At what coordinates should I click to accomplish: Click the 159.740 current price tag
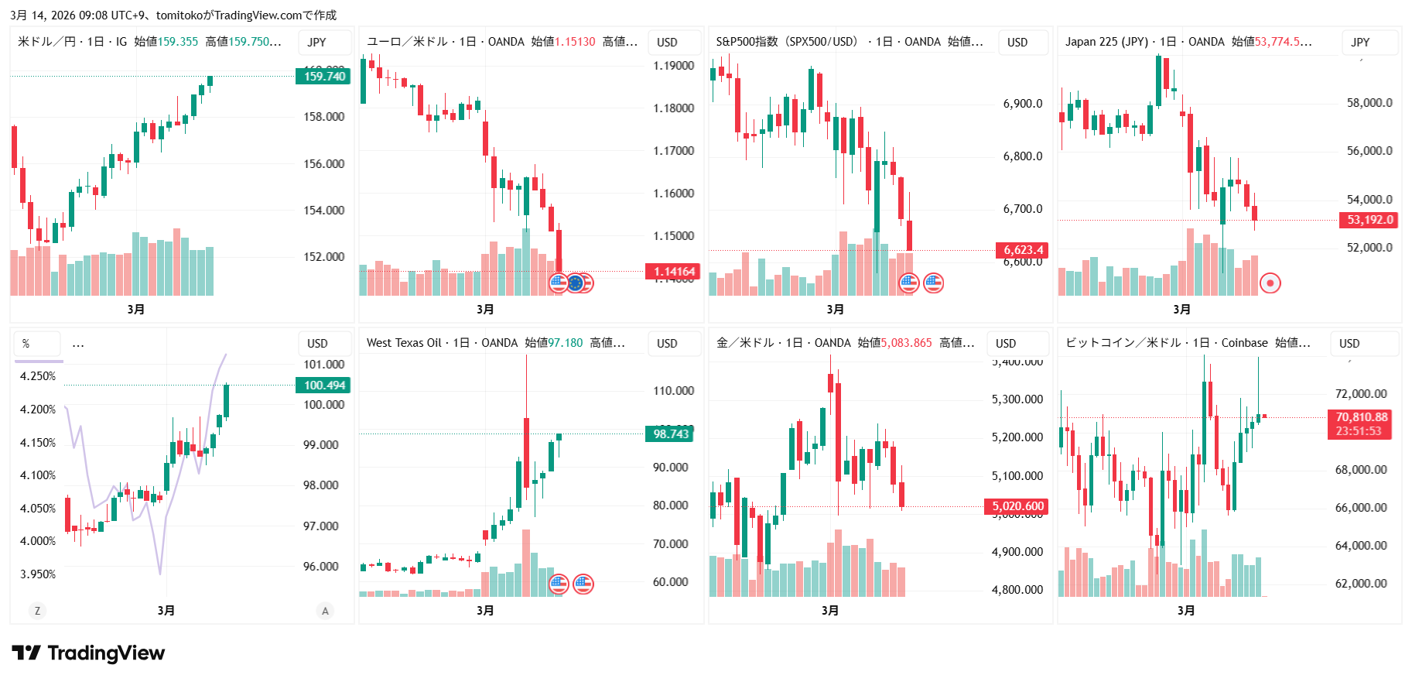coord(323,76)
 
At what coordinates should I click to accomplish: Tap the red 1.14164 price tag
coord(674,271)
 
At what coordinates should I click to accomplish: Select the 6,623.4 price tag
coord(1023,249)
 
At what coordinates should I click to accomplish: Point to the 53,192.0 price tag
coord(1369,220)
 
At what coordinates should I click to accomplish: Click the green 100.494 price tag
coord(323,386)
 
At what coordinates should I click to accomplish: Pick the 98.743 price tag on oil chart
coord(670,434)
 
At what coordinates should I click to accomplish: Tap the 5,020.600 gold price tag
coord(1017,506)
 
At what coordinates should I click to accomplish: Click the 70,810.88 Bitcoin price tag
coord(1361,417)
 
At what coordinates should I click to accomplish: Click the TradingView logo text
coord(106,653)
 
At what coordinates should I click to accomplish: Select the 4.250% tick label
coord(38,376)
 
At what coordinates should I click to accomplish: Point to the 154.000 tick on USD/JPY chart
coord(323,210)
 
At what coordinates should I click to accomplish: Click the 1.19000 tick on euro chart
coord(673,66)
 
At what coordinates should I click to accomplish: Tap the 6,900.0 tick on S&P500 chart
coord(1022,104)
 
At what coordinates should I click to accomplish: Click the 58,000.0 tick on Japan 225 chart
coord(1369,102)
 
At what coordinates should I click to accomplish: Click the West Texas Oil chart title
coord(403,343)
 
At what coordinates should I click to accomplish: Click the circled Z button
coord(37,611)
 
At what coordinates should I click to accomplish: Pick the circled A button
coord(325,611)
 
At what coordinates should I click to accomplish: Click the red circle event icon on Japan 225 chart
coord(1270,283)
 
